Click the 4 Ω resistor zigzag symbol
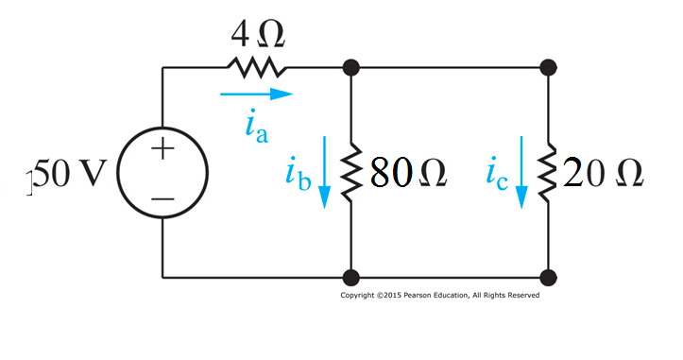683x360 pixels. [254, 67]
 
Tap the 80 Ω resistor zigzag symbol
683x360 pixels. [350, 173]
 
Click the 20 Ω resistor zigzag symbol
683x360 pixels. [548, 173]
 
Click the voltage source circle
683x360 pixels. [162, 174]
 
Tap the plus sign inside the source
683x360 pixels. [162, 149]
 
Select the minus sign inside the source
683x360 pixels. [162, 199]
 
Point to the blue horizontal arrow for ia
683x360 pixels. [256, 94]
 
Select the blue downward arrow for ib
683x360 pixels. [324, 170]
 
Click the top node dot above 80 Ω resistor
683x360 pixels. [350, 67]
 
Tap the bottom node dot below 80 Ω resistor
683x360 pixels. [350, 278]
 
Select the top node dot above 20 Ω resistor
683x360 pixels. [548, 67]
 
